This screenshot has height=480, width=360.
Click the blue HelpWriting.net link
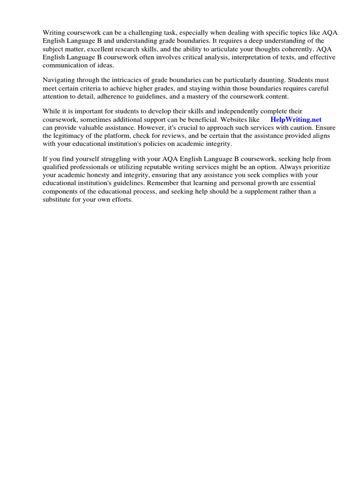(296, 120)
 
